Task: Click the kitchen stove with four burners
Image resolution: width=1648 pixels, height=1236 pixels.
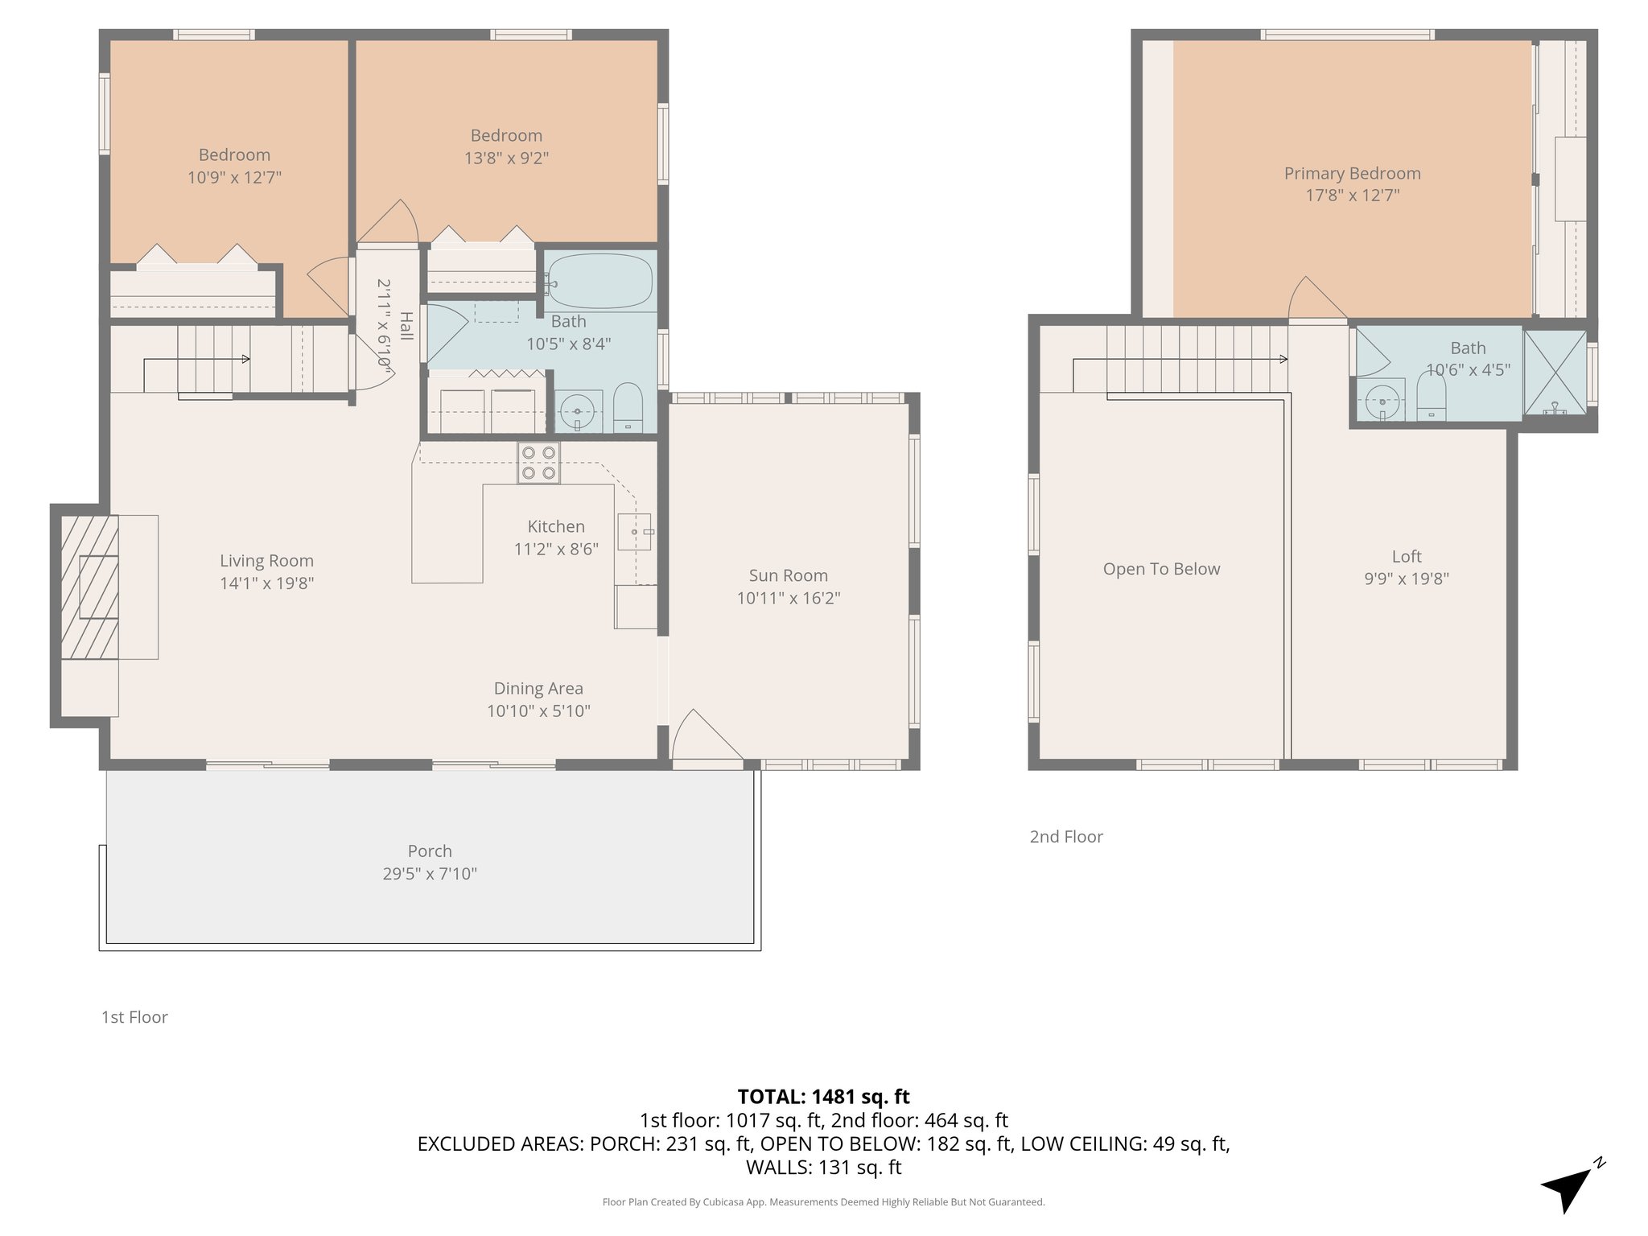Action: pos(538,463)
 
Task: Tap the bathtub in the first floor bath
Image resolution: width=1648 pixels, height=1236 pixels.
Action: pos(599,282)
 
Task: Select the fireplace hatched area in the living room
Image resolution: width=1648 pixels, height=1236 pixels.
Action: pos(89,587)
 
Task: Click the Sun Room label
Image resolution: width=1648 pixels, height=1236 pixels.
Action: pos(788,575)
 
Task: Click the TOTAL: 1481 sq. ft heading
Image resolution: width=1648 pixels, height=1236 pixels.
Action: pos(823,1096)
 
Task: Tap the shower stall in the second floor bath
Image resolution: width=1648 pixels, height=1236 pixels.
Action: pos(1554,373)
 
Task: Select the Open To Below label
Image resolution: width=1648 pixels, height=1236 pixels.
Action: pos(1161,569)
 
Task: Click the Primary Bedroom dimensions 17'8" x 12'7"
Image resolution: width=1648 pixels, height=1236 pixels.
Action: pos(1352,196)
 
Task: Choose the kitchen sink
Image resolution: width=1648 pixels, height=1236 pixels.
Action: pos(634,532)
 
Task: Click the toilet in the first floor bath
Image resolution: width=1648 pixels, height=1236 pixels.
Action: pos(628,408)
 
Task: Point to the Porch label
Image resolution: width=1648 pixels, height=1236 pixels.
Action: pos(430,851)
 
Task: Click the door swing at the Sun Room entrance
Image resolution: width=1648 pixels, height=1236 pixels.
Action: pos(702,736)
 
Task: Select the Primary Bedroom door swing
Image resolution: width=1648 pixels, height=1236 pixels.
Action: pos(1313,299)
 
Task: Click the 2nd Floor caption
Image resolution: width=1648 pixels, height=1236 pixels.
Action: pos(1065,836)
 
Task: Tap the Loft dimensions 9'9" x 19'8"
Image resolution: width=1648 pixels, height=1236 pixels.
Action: pos(1406,579)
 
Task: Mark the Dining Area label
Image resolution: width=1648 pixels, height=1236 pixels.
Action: pos(538,688)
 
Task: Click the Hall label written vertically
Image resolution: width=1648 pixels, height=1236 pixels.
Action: pos(406,326)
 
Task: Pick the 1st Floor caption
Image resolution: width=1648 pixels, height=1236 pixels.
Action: pos(134,1016)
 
